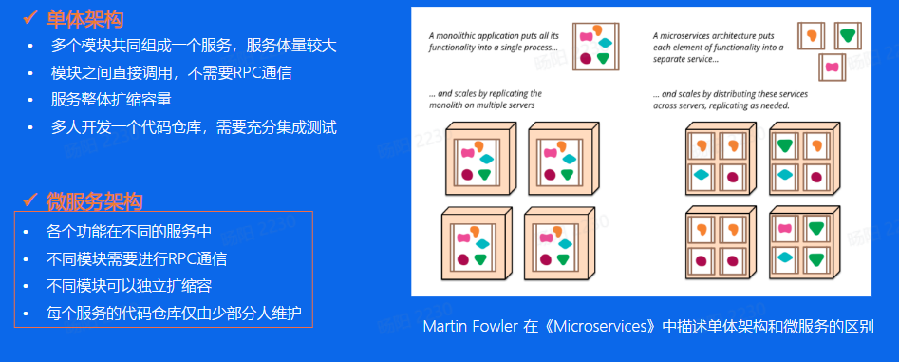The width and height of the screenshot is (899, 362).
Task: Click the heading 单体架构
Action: tap(84, 18)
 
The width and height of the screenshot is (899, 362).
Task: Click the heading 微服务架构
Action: tap(94, 200)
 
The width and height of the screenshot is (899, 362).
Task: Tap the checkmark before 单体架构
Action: tap(28, 18)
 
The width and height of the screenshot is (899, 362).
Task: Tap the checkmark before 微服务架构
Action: tap(28, 200)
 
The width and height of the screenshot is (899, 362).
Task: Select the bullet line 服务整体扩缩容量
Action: tap(111, 99)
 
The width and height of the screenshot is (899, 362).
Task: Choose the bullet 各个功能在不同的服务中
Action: tap(128, 231)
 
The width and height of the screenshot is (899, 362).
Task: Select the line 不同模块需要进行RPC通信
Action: tap(136, 258)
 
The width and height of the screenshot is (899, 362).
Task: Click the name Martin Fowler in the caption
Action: tap(471, 326)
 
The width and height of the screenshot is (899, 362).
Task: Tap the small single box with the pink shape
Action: tap(833, 68)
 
